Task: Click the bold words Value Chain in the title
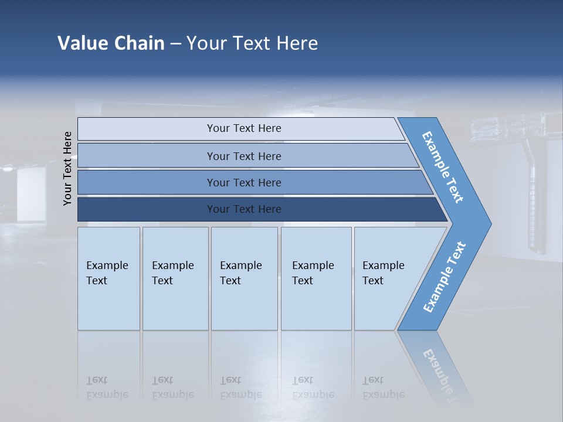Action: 111,43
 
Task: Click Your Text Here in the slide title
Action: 252,43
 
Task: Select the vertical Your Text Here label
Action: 67,168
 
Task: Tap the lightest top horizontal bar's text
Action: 244,128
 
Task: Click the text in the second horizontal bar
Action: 244,156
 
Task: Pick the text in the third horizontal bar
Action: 244,183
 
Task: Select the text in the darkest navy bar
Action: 244,209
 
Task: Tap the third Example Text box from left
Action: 240,273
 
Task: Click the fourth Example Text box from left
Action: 313,273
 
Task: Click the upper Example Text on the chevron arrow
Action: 443,167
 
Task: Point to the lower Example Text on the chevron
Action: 445,277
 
